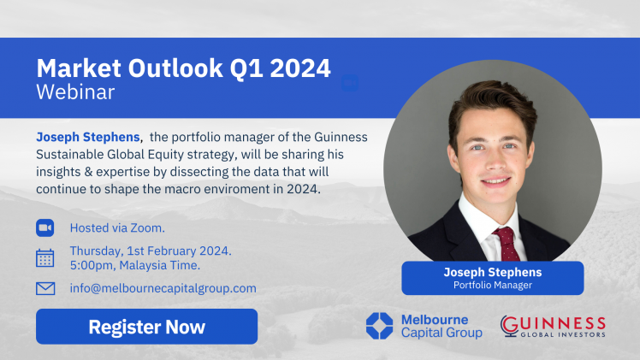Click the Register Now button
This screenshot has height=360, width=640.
click(x=146, y=327)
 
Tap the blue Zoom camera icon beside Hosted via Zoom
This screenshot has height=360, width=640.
click(x=44, y=228)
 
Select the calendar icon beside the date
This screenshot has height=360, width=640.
click(x=44, y=258)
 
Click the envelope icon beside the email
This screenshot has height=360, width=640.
click(x=45, y=288)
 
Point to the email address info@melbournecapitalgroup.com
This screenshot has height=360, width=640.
click(x=163, y=288)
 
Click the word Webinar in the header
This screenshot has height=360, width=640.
click(x=75, y=92)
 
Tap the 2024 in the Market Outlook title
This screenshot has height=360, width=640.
click(x=300, y=68)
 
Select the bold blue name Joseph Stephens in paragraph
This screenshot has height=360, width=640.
click(x=88, y=137)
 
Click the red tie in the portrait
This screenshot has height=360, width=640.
click(x=507, y=244)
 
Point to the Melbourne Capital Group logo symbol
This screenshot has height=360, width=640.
click(x=379, y=326)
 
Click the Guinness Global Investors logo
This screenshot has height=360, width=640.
click(x=553, y=326)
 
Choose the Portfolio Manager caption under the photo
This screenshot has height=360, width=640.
click(x=493, y=285)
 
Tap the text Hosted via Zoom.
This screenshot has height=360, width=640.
click(x=117, y=228)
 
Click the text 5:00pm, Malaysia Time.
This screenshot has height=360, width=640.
click(x=135, y=265)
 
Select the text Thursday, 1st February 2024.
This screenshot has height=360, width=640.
click(x=151, y=251)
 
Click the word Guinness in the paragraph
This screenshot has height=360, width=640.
click(x=341, y=137)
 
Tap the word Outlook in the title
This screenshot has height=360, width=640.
click(x=175, y=68)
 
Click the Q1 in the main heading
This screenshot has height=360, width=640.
click(x=246, y=69)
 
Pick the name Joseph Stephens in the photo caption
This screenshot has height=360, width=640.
click(x=493, y=272)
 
